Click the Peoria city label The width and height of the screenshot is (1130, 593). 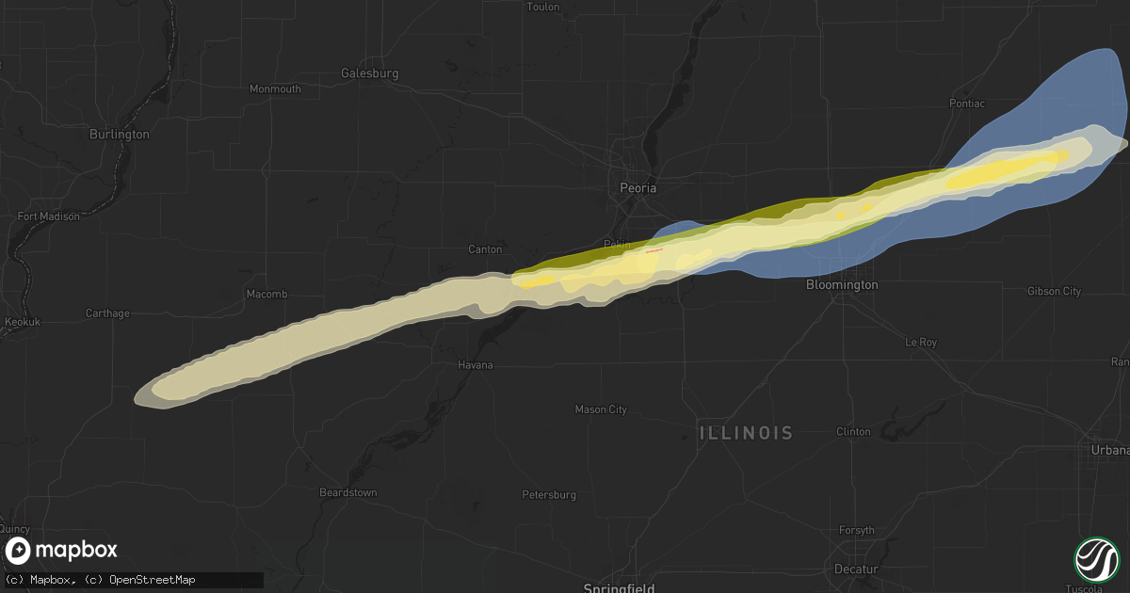[638, 187]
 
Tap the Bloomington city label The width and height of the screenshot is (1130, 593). [843, 284]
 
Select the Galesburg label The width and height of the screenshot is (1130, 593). [370, 72]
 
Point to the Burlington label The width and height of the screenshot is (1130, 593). [119, 134]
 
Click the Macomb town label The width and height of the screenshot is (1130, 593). [266, 294]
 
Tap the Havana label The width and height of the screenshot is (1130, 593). [476, 364]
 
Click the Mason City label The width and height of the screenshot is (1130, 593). [601, 409]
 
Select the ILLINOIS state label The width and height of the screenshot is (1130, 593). [746, 433]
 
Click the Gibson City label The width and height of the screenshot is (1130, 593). [1055, 291]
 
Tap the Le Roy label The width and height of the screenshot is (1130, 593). [920, 342]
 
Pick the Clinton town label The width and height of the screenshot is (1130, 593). [853, 431]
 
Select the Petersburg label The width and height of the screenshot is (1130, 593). [549, 494]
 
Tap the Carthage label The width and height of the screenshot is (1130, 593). [107, 313]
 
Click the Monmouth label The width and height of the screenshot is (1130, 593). [275, 88]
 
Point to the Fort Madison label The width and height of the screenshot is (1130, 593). [48, 216]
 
